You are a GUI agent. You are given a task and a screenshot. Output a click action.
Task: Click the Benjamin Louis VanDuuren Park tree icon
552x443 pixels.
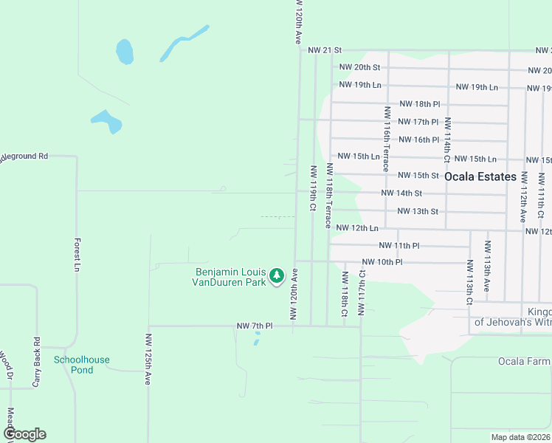point(277,276)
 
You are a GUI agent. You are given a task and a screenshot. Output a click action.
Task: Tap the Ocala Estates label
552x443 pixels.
point(480,177)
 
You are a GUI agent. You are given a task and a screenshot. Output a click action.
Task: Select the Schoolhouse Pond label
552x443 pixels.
point(81,365)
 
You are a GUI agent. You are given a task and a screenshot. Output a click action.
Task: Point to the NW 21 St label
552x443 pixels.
point(325,50)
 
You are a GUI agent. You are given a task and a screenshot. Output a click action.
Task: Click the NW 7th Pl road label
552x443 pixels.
point(255,326)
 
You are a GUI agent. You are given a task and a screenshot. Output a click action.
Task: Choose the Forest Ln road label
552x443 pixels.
point(77,255)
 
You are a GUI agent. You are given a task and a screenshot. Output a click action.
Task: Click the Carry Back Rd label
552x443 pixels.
point(35,363)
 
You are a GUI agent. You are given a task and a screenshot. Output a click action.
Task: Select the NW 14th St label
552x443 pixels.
point(401,193)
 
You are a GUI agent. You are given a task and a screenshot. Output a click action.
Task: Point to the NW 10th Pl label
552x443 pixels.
point(382,262)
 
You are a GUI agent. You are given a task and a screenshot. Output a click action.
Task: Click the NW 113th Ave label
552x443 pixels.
point(487,266)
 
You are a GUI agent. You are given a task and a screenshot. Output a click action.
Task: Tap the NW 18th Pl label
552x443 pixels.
point(419,105)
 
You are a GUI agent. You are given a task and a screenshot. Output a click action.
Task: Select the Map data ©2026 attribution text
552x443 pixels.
point(521,437)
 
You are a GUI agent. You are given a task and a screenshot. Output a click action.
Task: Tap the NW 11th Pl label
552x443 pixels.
point(399,245)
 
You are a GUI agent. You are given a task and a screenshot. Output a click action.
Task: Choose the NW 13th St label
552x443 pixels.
point(418,212)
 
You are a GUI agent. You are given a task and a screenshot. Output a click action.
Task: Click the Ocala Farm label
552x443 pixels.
point(524,361)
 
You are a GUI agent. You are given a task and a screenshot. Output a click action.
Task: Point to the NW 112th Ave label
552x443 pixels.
point(523,197)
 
